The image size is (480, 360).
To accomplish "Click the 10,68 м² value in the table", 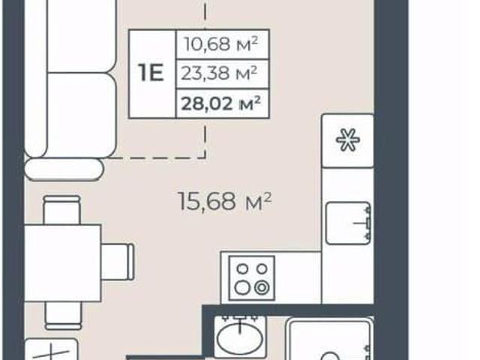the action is coord(221,44).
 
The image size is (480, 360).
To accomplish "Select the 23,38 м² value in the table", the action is coord(219,73).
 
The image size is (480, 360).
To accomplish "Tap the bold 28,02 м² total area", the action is coord(220,103).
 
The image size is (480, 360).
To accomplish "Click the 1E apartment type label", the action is coord(151,73).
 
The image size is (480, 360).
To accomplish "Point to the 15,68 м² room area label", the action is coord(225,201).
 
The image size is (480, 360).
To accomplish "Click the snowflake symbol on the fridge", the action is coord(348,139).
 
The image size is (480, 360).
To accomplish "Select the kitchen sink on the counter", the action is coord(348,223).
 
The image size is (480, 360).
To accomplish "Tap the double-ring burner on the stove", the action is coord(262,288).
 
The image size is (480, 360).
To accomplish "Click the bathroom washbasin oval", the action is coord(240,338).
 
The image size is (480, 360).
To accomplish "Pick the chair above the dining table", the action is coord(61,210).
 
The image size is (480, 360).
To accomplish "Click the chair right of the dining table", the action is coord(118,262).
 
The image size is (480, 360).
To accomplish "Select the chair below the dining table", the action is coord(64,316).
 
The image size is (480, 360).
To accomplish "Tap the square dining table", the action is coord(63,263).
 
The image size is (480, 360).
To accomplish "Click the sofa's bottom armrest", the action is coord(64,169).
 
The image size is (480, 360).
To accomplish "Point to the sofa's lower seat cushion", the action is coord(82,115).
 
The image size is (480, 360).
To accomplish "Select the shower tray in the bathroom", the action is coord(330,339).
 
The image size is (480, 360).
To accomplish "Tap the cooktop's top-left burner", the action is coord(243,268).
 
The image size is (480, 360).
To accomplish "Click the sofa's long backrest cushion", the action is coord(35,78).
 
